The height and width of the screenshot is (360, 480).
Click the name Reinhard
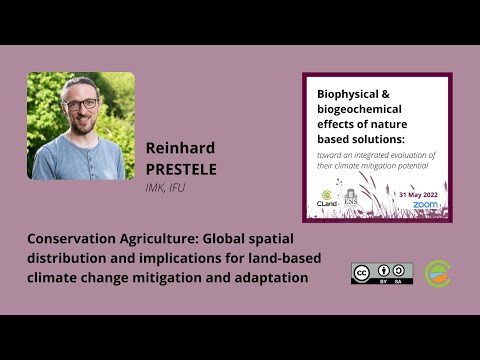(x=180, y=147)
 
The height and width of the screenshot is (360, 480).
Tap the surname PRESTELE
(x=181, y=167)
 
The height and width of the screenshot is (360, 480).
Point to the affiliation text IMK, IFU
(x=166, y=186)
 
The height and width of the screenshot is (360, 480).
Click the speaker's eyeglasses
(x=82, y=103)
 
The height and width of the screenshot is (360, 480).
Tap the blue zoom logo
(x=426, y=204)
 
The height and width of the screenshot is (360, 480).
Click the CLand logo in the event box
(x=326, y=198)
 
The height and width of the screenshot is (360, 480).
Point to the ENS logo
(x=350, y=198)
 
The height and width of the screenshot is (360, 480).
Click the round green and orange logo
(x=438, y=273)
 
